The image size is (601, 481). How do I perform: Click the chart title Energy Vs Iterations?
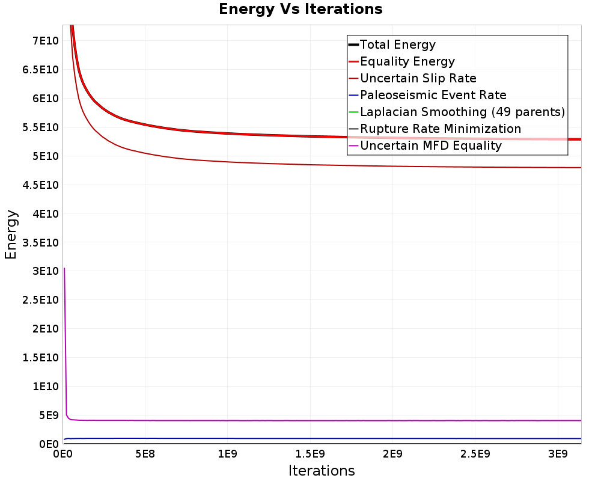[300, 9]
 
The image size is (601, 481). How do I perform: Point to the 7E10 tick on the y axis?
[46, 41]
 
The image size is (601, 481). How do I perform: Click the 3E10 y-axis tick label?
[46, 271]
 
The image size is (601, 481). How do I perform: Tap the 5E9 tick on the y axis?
[49, 415]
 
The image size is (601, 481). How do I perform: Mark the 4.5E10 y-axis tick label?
[41, 185]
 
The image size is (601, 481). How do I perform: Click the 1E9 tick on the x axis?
[228, 455]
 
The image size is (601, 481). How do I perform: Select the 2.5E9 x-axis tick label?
[475, 455]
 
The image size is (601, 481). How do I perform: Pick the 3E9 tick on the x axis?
[558, 455]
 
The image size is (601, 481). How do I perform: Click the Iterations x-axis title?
[322, 470]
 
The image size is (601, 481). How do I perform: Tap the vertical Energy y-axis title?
[11, 234]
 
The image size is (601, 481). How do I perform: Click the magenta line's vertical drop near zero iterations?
[65, 342]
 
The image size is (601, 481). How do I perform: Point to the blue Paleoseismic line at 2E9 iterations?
[392, 438]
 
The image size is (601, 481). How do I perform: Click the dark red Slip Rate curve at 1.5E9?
[310, 165]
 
